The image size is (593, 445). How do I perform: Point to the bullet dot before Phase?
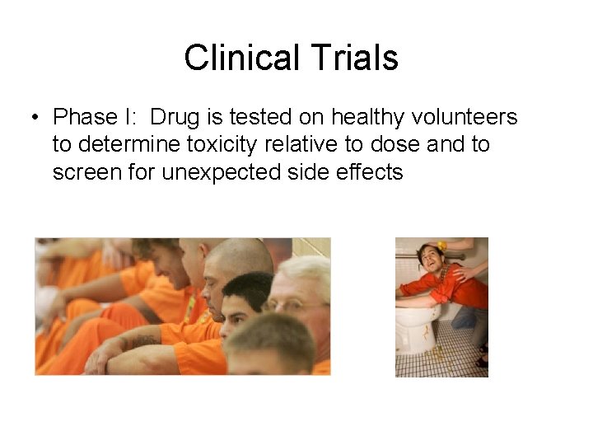pos(34,117)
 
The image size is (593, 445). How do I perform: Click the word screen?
pos(87,173)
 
